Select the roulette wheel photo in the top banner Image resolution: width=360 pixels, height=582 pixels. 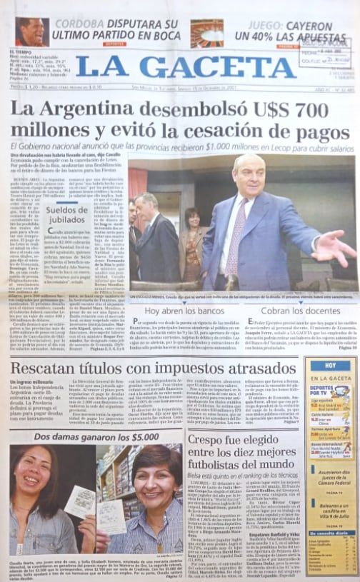click(206, 33)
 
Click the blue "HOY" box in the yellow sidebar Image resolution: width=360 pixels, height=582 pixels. click(331, 365)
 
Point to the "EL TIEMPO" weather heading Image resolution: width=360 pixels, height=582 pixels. click(22, 51)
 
